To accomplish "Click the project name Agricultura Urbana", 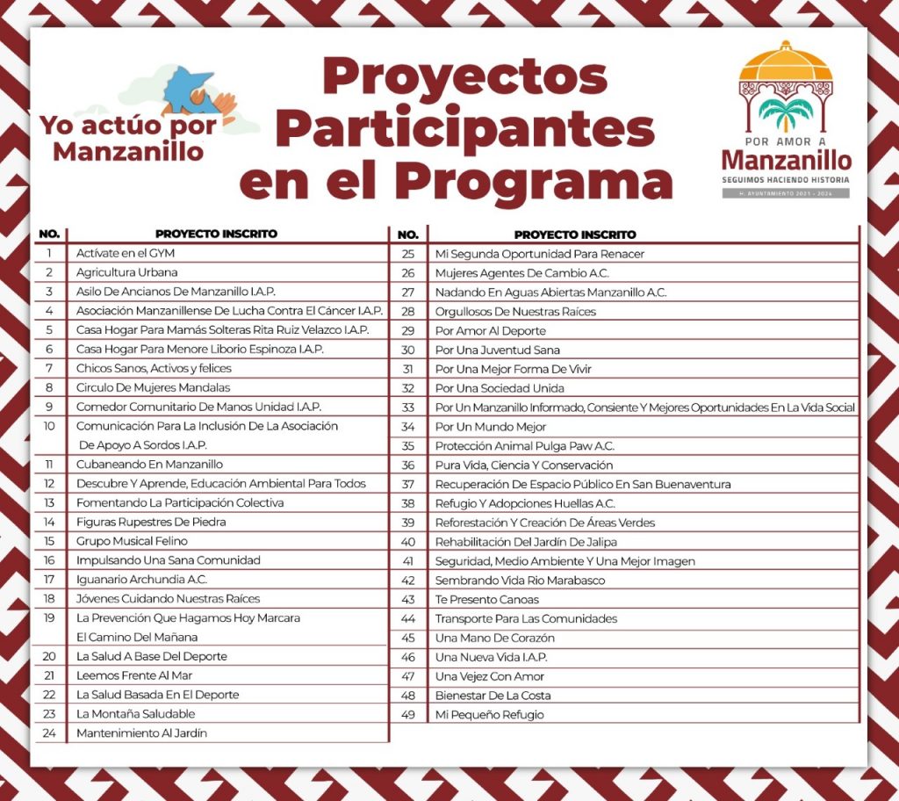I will (126, 272).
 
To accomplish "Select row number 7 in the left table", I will (49, 368).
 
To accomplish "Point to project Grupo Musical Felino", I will (132, 541).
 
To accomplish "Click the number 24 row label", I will (49, 732).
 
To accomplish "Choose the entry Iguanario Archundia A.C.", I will (141, 580).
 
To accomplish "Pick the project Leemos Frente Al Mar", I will (134, 675).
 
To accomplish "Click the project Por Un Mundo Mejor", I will (491, 427).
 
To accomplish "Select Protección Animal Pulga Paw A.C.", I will (524, 446).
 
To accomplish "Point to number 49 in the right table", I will (407, 714).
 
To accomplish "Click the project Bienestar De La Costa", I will (493, 696).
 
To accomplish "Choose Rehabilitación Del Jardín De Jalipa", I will (526, 542).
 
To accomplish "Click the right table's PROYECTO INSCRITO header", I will (575, 235).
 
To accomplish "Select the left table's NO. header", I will (49, 235).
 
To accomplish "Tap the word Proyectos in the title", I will (464, 76).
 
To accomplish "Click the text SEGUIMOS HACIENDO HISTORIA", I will (786, 179).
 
